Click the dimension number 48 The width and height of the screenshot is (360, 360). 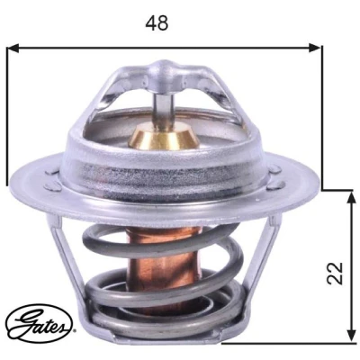click(x=157, y=23)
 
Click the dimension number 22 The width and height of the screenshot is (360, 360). click(x=335, y=273)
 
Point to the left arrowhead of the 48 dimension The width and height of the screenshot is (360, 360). click(x=13, y=48)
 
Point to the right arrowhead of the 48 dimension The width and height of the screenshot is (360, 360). click(x=315, y=48)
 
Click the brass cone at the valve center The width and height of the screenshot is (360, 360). click(x=164, y=138)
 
